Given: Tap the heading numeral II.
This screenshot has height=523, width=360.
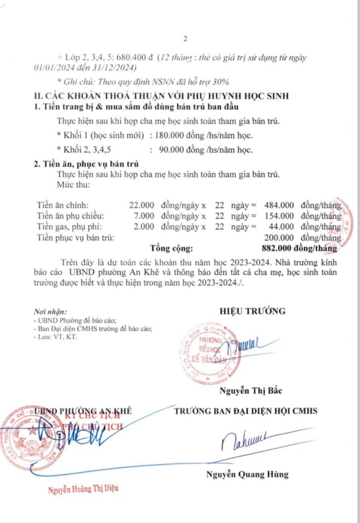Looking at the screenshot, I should [37, 96].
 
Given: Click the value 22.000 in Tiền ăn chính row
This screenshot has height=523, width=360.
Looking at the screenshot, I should [141, 205].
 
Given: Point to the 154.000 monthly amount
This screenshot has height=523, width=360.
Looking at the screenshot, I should [279, 216].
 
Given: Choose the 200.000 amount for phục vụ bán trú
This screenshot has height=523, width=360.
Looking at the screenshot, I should [279, 237].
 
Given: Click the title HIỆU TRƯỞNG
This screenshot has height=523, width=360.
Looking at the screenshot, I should [252, 311].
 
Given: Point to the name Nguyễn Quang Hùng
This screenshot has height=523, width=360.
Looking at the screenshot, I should [247, 474].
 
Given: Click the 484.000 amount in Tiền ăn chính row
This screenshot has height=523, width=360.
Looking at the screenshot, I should [279, 205].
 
